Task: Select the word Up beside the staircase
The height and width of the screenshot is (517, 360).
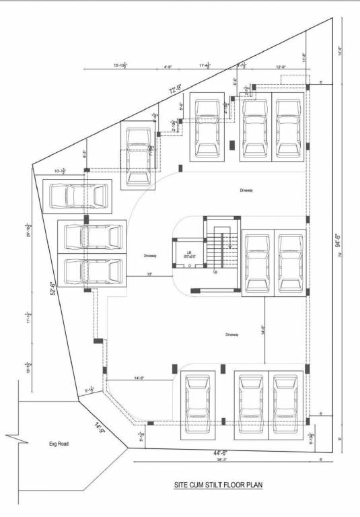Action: click(x=215, y=272)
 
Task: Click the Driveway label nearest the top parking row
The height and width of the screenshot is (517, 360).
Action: click(x=247, y=191)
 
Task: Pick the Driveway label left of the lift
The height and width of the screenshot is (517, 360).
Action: click(x=150, y=256)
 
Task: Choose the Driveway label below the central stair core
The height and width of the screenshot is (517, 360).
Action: click(x=232, y=334)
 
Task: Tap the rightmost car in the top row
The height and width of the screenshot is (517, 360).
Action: click(x=289, y=126)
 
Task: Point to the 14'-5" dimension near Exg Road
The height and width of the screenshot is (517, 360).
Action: click(x=100, y=427)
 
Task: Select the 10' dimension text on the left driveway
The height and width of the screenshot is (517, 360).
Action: click(x=149, y=274)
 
